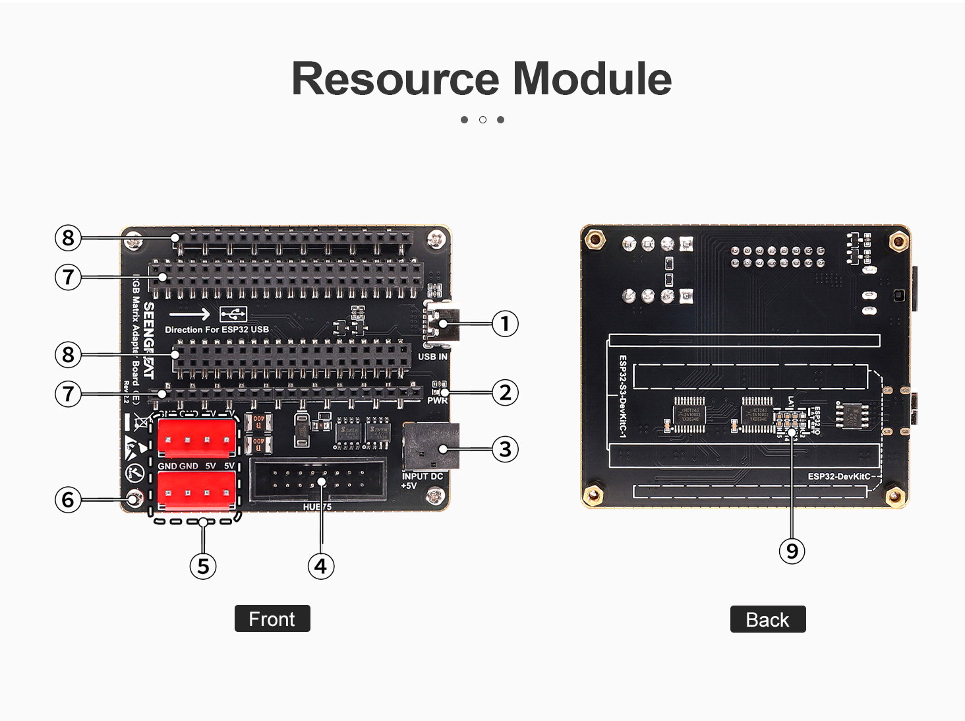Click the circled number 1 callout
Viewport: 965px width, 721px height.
coord(505,324)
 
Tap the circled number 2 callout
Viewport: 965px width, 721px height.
coord(505,392)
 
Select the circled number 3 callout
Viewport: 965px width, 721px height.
coord(505,449)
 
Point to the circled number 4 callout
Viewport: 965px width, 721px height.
coord(321,566)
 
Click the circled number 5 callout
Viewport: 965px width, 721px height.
coord(203,566)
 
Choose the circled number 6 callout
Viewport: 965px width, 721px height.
coord(68,499)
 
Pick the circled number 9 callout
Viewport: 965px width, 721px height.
coord(792,551)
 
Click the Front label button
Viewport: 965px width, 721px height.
coord(272,619)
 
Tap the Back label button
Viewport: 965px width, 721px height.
coord(767,619)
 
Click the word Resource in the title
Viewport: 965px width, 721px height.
coord(395,79)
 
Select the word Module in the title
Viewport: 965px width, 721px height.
coord(592,79)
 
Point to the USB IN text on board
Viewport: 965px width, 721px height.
coord(432,357)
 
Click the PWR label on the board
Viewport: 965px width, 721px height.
coord(437,400)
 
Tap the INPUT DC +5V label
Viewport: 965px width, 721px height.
coord(422,481)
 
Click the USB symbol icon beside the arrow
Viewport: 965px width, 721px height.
coord(233,313)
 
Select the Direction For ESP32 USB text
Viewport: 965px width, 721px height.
coord(217,330)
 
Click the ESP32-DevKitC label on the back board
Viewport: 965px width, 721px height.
coord(838,476)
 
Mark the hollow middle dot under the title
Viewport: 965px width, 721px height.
coord(482,120)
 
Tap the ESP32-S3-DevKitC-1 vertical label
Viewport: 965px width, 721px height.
coord(623,396)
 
